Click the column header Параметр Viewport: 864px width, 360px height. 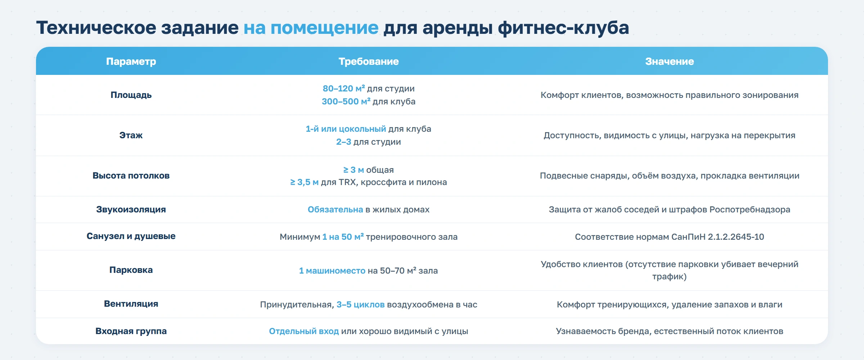pos(131,62)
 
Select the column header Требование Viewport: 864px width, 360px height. pos(368,62)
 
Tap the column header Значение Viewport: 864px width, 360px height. pos(669,62)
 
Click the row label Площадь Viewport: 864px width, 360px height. pos(131,95)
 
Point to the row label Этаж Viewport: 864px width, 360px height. pos(131,135)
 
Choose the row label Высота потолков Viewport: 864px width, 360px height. pos(131,176)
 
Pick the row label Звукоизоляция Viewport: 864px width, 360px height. pos(131,210)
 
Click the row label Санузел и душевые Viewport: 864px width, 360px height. pos(131,236)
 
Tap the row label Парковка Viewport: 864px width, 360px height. pos(131,270)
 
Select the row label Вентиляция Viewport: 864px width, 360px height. pos(131,304)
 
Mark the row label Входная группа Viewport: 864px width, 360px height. pos(131,331)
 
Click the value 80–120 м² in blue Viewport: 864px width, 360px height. pos(343,89)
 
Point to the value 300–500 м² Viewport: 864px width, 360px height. pos(346,102)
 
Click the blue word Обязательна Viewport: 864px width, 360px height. pos(335,210)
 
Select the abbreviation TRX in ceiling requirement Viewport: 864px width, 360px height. pos(347,182)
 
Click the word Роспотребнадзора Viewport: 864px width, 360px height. pos(750,210)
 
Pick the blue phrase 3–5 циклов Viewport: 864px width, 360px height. pos(360,305)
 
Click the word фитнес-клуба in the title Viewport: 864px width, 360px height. pos(563,28)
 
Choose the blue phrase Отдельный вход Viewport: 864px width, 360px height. pos(304,331)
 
